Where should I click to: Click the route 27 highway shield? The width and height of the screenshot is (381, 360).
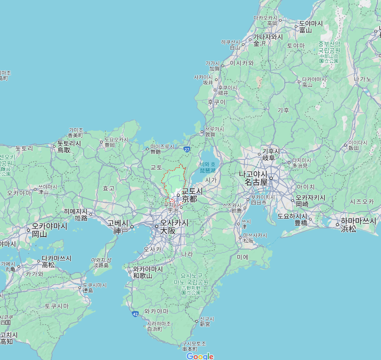pyautogui.click(x=187, y=149)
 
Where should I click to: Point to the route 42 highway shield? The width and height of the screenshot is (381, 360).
pyautogui.click(x=136, y=314)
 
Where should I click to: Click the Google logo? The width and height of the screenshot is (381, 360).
pyautogui.click(x=200, y=356)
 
